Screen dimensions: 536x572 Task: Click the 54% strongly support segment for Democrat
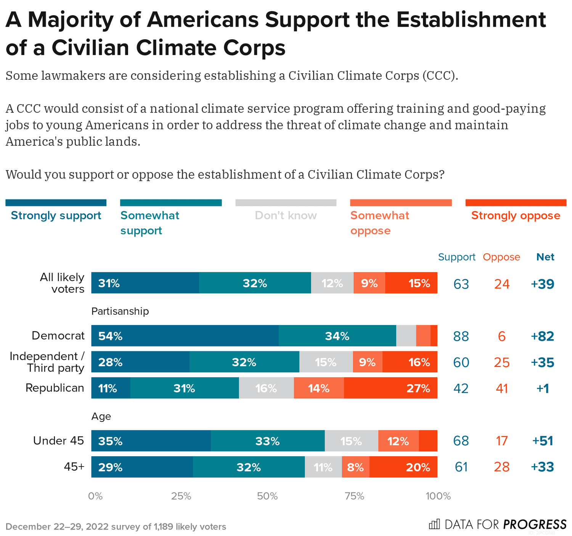coord(185,336)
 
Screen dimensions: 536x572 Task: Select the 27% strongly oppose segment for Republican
coord(390,388)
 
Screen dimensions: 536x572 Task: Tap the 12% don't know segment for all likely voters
coord(332,283)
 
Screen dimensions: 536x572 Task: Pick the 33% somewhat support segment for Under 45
coord(268,441)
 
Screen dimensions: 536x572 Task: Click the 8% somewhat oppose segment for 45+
coord(355,467)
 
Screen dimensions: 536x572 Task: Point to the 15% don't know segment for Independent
coord(326,362)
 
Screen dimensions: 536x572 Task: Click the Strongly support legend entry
coord(56,216)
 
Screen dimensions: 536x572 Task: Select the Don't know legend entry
coord(286,216)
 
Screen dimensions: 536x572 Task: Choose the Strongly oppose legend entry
coord(516,216)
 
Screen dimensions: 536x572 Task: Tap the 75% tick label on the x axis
coord(354,496)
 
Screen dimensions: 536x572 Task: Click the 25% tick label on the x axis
coord(181,496)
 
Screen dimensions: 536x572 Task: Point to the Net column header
coord(545,257)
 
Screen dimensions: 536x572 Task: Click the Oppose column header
coord(501,257)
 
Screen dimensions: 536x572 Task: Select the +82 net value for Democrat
coord(542,336)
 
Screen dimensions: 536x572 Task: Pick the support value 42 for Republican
coord(461,388)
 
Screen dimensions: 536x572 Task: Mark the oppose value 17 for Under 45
coord(501,441)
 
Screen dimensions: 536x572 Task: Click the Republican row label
coord(55,388)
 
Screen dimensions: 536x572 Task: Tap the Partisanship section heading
coord(120,311)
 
